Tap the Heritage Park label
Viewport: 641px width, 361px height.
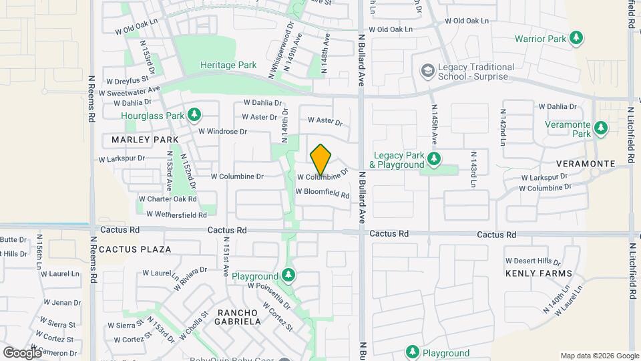229,66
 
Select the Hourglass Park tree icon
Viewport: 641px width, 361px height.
194,115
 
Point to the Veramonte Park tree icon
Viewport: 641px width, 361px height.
601,127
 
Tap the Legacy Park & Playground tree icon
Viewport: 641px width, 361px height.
434,159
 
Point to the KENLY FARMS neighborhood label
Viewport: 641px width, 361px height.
539,273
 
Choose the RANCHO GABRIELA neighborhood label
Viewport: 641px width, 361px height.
238,317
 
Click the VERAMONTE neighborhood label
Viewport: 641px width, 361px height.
586,164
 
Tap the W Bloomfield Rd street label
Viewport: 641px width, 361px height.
323,193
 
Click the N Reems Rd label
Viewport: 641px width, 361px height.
92,98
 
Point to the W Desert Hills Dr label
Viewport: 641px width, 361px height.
532,261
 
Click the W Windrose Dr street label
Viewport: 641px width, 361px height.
222,132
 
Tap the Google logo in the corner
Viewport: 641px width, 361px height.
22,352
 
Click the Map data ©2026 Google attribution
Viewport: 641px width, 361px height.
599,356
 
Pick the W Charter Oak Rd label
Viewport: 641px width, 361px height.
168,199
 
